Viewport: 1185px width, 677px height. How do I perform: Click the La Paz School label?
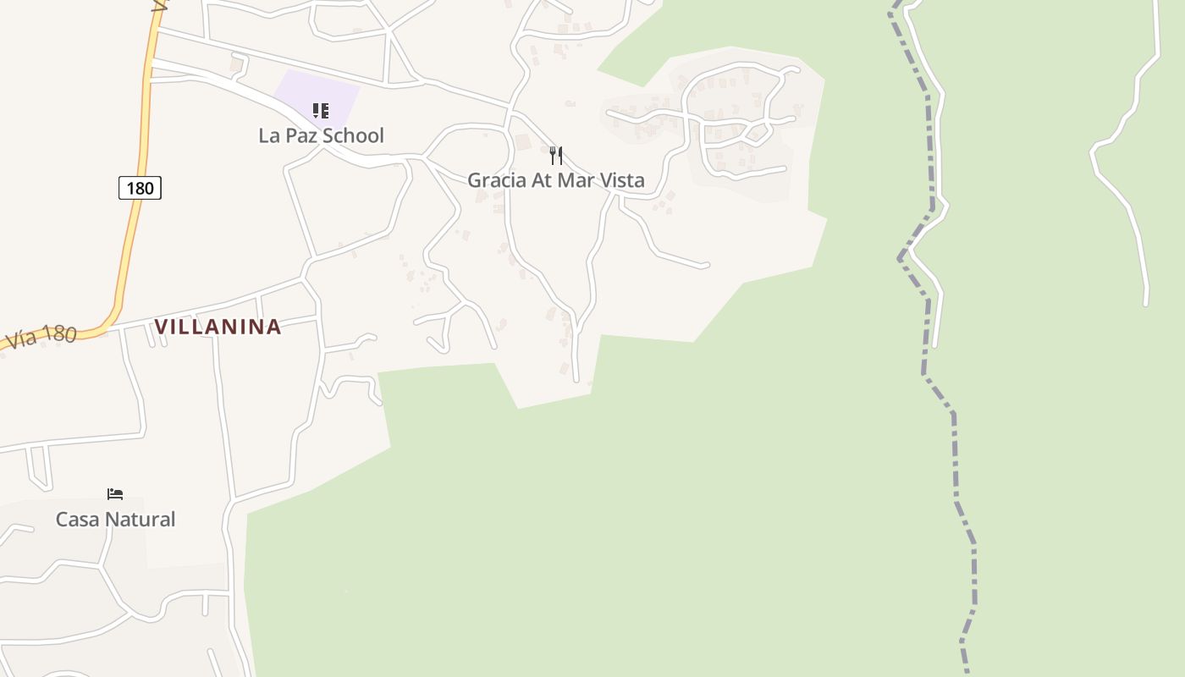(x=321, y=135)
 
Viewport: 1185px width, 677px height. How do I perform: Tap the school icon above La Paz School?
(x=321, y=111)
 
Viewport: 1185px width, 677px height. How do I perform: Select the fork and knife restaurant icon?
(x=556, y=155)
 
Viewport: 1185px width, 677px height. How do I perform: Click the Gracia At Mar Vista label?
(x=555, y=180)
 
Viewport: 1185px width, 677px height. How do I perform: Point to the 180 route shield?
(x=140, y=188)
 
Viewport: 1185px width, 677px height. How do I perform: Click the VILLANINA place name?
(x=218, y=327)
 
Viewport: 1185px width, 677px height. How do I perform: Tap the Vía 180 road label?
(x=40, y=338)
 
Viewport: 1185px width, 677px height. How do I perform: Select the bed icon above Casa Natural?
(x=115, y=494)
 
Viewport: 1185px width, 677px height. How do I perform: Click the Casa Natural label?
(x=115, y=520)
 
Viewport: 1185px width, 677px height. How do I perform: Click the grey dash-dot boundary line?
(x=955, y=457)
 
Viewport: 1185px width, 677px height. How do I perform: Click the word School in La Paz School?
(x=356, y=135)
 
